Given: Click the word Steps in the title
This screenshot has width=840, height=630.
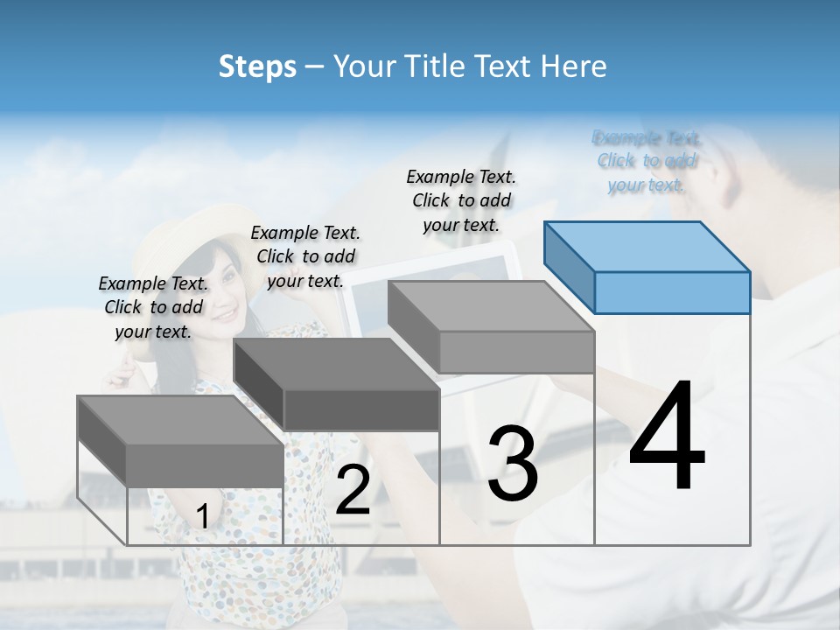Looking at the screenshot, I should point(257,66).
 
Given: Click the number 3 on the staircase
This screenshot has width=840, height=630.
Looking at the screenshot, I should point(513,464).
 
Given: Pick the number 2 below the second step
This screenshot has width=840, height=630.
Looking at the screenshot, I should point(353,490).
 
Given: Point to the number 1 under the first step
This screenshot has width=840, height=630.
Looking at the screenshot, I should point(202,516).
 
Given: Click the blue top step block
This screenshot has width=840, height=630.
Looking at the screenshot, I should point(647,268).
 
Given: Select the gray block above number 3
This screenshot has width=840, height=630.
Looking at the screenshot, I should point(492,327).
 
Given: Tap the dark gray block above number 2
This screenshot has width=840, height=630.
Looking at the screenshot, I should point(337,386).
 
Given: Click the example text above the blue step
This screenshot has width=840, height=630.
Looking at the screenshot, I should point(647,161).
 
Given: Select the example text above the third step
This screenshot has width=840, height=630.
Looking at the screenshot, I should point(461,200).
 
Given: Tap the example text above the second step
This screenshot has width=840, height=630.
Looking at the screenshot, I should point(305,256).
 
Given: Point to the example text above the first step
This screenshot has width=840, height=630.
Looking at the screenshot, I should point(153,307).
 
